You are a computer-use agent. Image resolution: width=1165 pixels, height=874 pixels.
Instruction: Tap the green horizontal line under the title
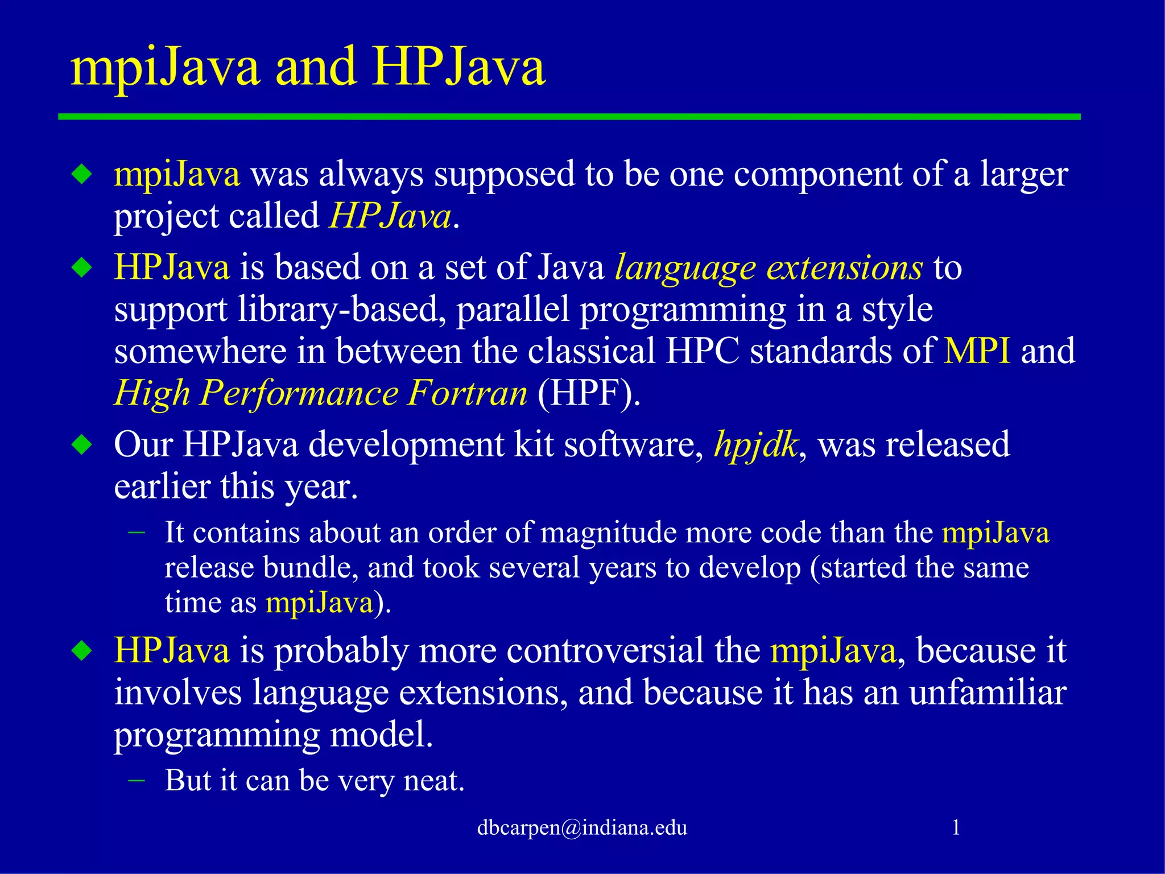click(569, 117)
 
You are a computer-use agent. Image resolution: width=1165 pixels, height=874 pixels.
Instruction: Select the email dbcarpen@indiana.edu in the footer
click(582, 827)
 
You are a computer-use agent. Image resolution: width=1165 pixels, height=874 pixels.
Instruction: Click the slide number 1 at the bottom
click(956, 827)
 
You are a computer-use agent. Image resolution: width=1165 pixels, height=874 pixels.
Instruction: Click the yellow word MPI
click(977, 351)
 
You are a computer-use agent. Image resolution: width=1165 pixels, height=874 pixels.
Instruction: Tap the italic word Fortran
click(468, 393)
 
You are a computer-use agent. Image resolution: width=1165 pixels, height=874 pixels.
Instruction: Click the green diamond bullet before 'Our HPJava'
click(82, 444)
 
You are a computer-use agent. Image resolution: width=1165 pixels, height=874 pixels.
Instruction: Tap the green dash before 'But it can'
click(137, 780)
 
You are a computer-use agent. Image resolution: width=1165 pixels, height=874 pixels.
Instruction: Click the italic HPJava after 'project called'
click(390, 217)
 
